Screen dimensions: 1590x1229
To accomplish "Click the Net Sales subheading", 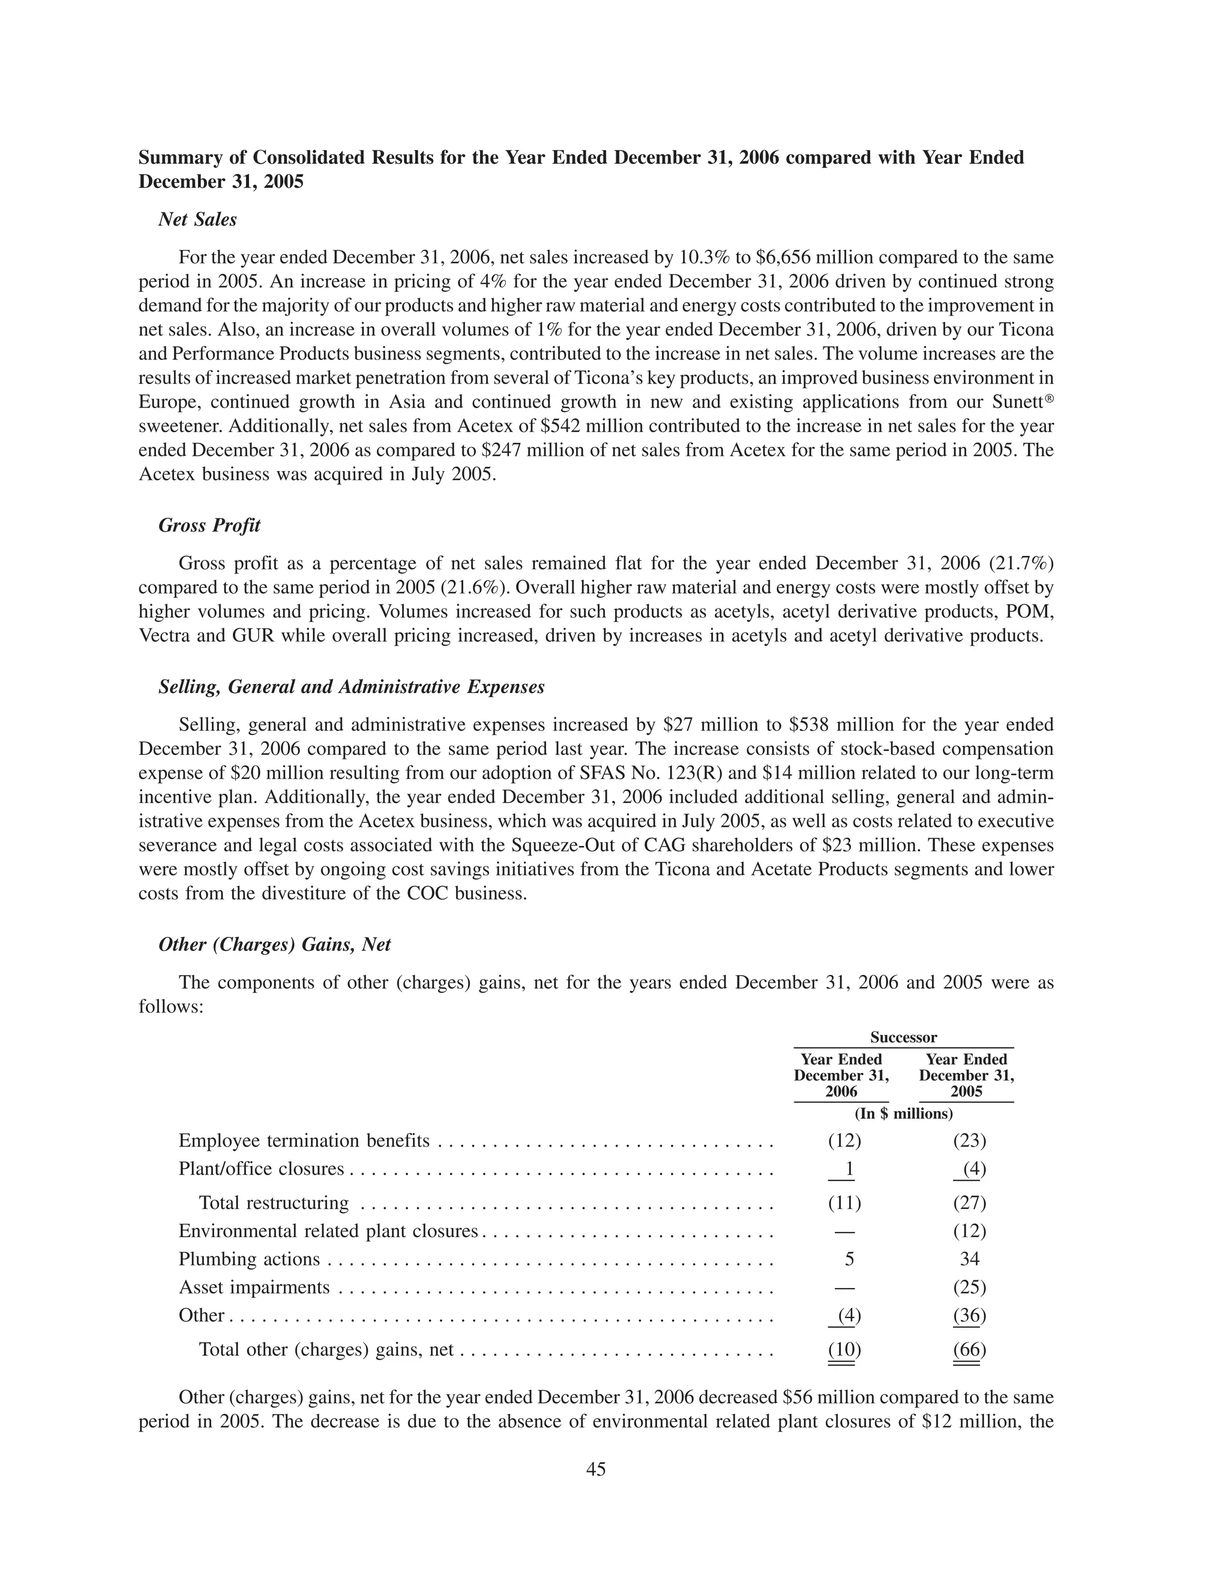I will tap(197, 219).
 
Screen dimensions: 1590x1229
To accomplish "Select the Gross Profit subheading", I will tap(209, 526).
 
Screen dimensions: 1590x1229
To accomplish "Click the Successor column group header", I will tap(903, 1037).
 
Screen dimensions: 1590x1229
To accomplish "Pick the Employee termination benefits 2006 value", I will tap(844, 1141).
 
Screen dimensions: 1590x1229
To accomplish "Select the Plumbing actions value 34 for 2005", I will tap(969, 1259).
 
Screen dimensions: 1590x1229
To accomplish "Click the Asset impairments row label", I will tap(254, 1287).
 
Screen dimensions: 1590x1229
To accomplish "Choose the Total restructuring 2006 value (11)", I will tap(844, 1202).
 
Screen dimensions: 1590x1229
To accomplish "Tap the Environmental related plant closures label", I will tap(328, 1231).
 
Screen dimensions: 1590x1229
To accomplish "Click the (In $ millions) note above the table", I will tap(903, 1114).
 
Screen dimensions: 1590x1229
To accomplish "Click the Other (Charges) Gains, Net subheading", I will tap(274, 944).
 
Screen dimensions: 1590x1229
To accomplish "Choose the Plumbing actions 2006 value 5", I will tap(849, 1259).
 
